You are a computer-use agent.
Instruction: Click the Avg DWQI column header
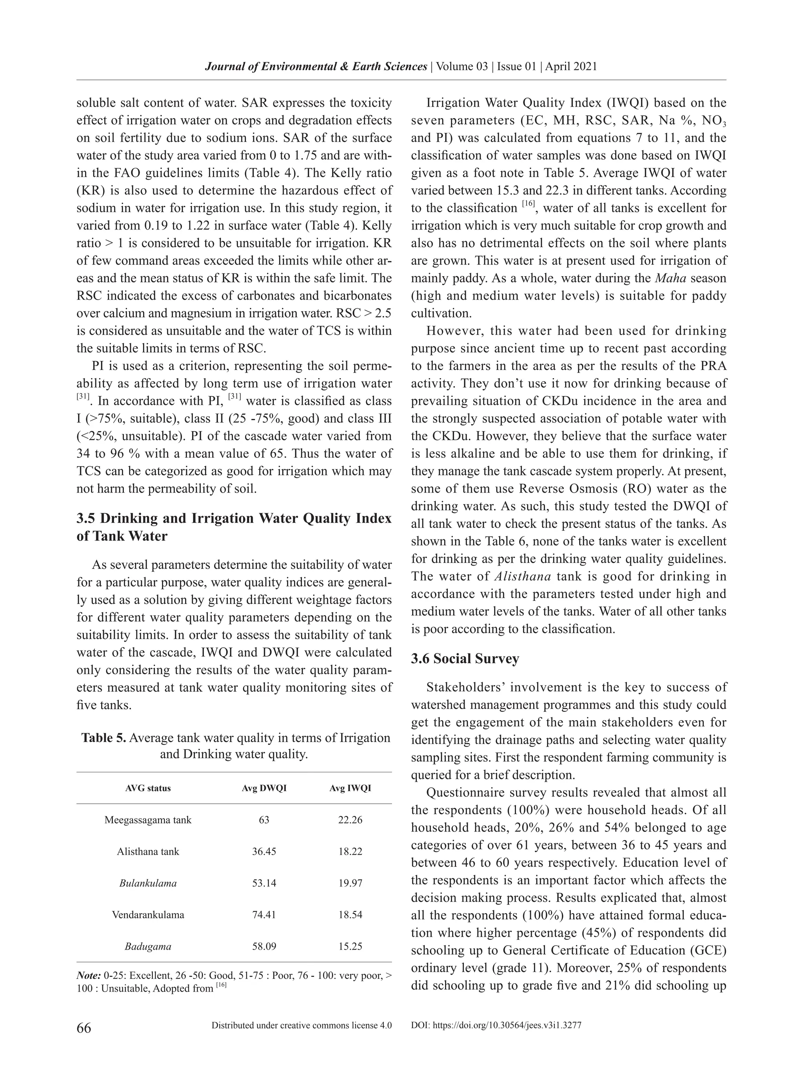(x=264, y=788)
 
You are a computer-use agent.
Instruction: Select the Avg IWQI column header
(x=350, y=788)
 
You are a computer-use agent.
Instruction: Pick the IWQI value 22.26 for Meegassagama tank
(x=350, y=819)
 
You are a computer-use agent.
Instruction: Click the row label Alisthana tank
(x=148, y=851)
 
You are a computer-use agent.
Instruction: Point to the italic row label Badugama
(x=148, y=946)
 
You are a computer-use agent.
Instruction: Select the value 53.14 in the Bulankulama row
(x=264, y=883)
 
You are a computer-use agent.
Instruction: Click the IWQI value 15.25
(x=350, y=946)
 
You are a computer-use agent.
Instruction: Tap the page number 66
(x=84, y=1027)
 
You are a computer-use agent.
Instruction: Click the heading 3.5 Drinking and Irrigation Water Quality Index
(x=234, y=518)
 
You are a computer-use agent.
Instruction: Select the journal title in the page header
(x=316, y=67)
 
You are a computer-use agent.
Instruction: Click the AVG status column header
(x=148, y=788)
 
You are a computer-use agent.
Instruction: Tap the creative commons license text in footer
(x=302, y=1025)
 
